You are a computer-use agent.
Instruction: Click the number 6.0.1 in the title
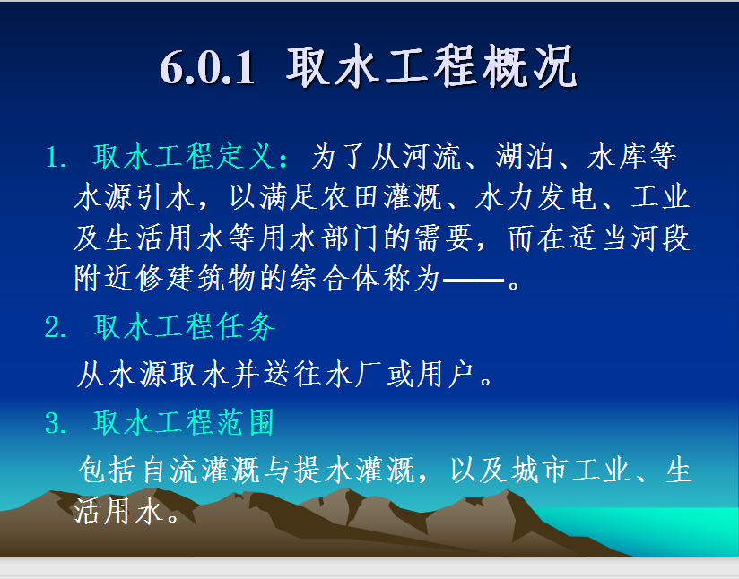207,68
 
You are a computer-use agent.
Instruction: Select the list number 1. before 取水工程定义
57,157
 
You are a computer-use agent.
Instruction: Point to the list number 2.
57,327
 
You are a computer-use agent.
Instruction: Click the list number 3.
57,422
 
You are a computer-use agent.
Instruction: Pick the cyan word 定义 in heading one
246,156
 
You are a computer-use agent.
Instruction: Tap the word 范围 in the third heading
246,422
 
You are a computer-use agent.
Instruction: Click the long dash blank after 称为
474,280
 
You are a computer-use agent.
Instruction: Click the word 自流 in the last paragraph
170,470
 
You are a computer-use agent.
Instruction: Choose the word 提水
324,470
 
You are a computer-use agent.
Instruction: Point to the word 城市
540,470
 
